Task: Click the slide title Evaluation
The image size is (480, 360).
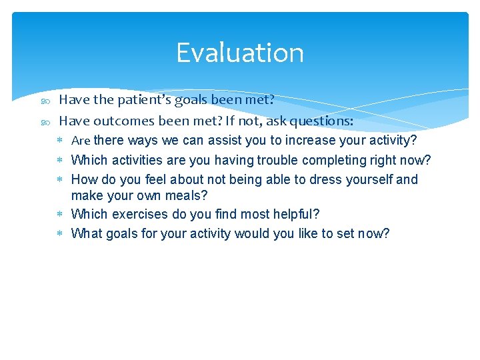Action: tap(240, 53)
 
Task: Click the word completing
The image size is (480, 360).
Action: tap(333, 160)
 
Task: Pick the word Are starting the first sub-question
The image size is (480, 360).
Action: tap(80, 141)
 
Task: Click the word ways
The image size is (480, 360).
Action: tap(141, 141)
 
